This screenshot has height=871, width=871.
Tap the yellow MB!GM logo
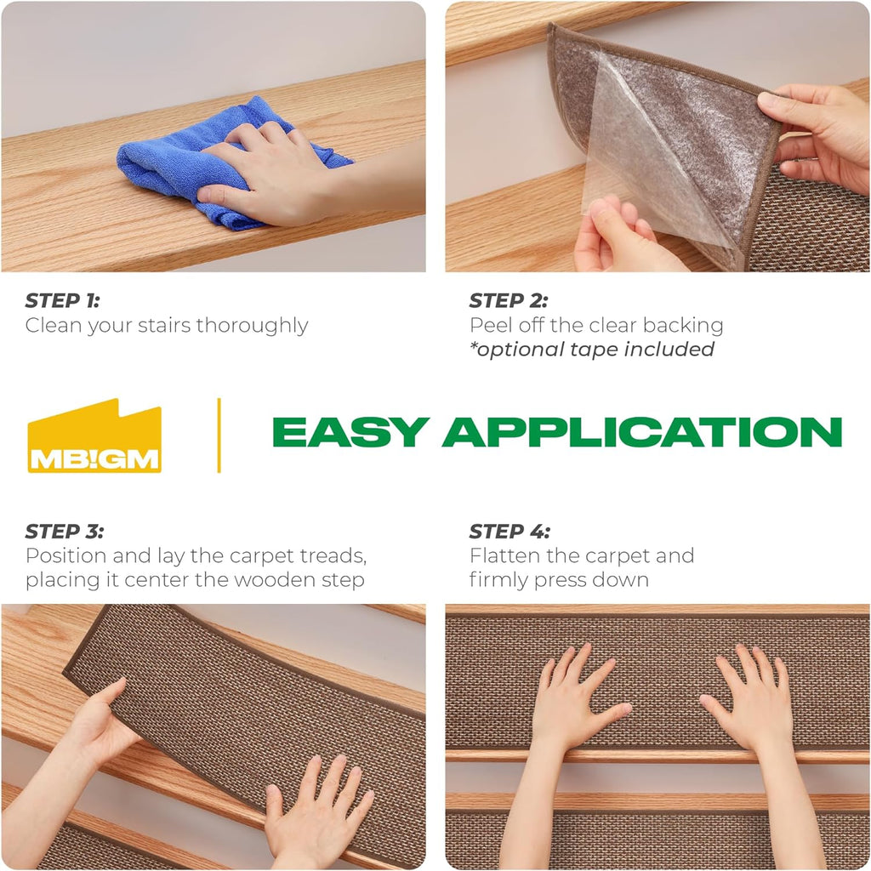(x=94, y=436)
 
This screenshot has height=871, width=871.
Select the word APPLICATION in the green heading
(x=642, y=432)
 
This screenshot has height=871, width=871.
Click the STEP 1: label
(x=62, y=300)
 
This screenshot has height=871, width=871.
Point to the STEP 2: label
(x=509, y=300)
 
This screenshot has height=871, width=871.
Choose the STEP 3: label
(x=65, y=532)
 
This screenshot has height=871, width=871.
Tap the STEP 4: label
(x=510, y=532)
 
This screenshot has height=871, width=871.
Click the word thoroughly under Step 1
(x=252, y=326)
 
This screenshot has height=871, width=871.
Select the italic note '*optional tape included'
(x=592, y=350)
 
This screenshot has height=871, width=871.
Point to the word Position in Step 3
(x=65, y=555)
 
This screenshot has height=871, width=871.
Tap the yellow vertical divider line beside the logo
(x=219, y=435)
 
